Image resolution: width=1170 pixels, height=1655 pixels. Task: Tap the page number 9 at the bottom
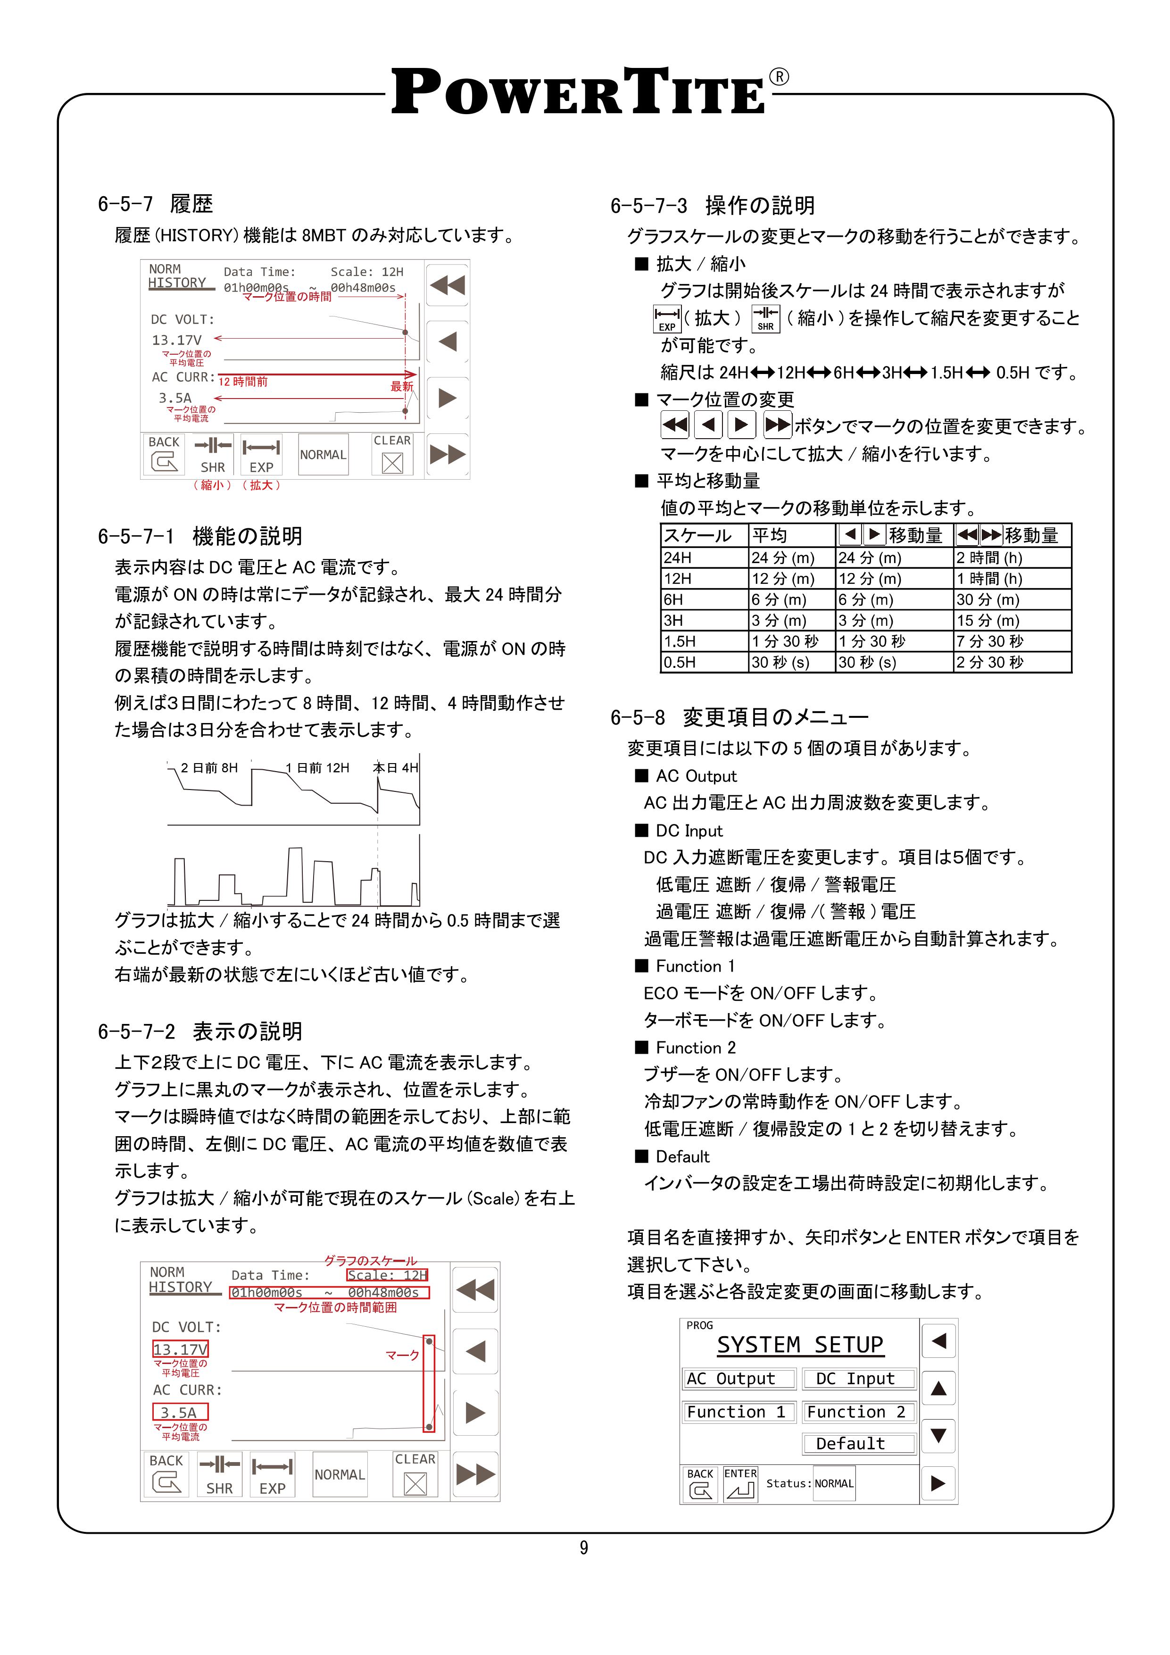coord(583,1547)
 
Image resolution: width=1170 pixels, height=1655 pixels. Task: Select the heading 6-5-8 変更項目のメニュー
coord(739,717)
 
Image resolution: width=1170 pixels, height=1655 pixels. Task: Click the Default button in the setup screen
coord(859,1443)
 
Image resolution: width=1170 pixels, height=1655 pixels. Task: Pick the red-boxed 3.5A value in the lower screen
coord(180,1412)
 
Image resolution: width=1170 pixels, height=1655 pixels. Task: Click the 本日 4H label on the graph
coord(395,768)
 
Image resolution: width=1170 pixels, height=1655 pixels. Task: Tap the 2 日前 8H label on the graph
coord(208,768)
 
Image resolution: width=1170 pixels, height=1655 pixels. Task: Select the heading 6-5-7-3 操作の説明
coord(712,206)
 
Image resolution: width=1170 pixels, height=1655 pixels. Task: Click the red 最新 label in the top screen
coord(401,386)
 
